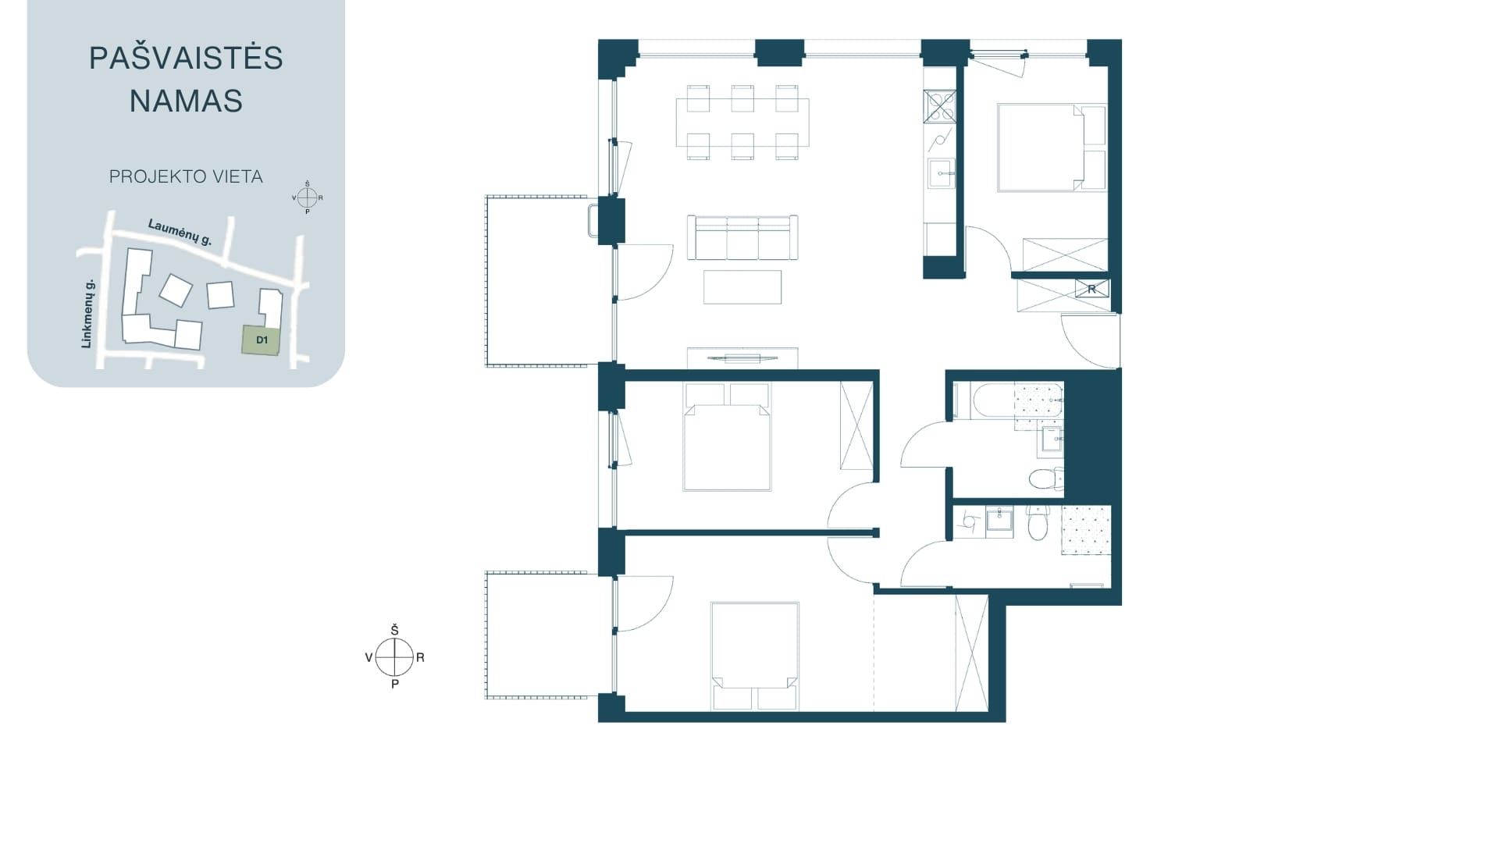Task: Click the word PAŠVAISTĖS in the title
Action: point(186,58)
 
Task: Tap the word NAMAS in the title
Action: point(186,101)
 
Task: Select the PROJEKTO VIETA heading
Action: point(186,177)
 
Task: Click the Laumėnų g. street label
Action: point(180,233)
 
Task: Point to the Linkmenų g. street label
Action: point(88,313)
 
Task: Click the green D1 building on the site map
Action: point(261,340)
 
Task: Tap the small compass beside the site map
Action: point(307,197)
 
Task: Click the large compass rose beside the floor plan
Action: point(394,657)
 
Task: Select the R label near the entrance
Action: point(1091,290)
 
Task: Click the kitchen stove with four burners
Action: point(940,106)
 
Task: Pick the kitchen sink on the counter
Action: point(940,173)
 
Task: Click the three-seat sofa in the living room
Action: point(742,237)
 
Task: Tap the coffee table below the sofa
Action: point(742,286)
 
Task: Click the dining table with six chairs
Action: point(742,122)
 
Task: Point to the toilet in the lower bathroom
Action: point(1038,523)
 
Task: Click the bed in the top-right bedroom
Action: point(1052,148)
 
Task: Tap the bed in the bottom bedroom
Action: point(755,656)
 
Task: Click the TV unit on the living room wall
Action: point(742,357)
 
